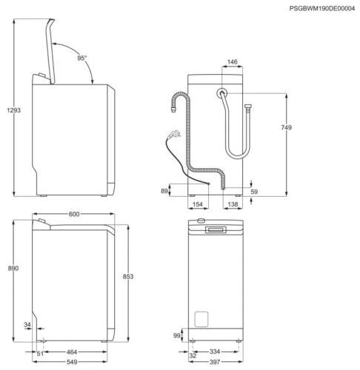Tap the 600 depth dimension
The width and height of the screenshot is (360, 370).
74,214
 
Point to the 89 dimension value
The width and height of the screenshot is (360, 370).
164,191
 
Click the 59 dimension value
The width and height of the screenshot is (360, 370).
255,192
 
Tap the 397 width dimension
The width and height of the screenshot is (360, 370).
215,363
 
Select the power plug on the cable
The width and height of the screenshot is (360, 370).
174,135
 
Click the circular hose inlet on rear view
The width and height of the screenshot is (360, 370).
222,93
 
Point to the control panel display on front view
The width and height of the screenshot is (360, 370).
218,230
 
